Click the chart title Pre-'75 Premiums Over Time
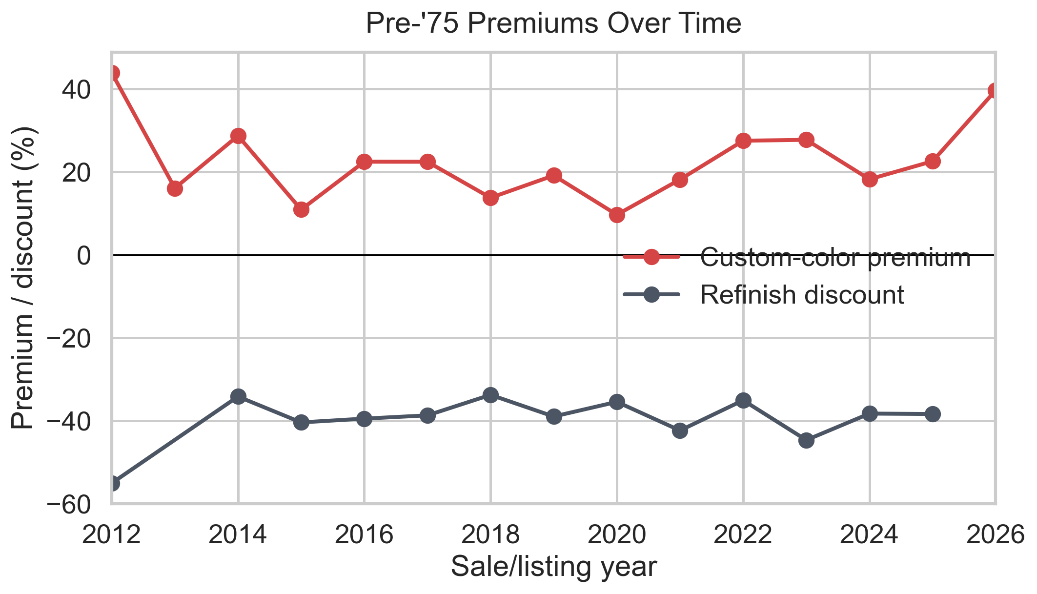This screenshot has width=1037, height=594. point(553,23)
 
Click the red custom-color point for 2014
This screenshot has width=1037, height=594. point(238,136)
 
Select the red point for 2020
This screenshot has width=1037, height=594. point(617,215)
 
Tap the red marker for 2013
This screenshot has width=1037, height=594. point(175,188)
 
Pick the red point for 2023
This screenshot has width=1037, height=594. point(807,140)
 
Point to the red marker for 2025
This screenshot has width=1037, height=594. point(933,161)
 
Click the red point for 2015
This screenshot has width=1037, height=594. point(302,209)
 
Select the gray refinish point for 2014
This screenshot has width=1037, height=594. point(238,396)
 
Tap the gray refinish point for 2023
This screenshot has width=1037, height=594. point(807,440)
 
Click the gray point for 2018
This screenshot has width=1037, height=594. point(491,394)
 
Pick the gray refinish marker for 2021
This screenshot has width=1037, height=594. point(680,430)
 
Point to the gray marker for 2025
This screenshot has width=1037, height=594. point(933,414)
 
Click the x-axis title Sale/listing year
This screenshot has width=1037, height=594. point(553,567)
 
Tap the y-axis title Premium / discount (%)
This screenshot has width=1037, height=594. point(23,278)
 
